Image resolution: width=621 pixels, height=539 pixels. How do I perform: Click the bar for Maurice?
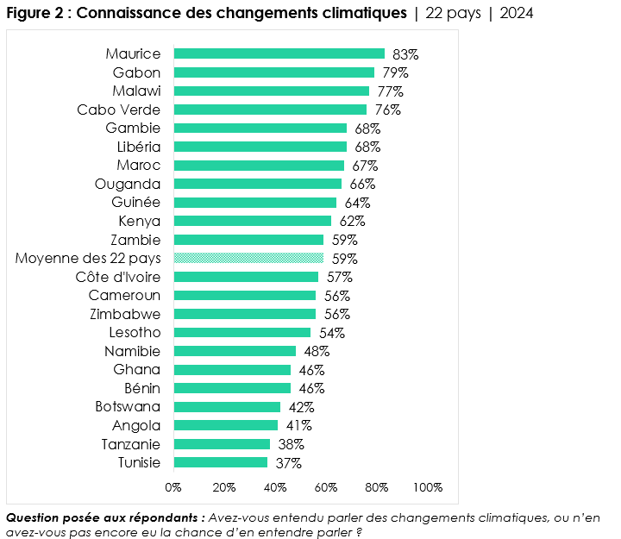pyautogui.click(x=279, y=53)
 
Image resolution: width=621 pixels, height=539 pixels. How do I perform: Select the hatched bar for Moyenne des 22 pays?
pyautogui.click(x=248, y=258)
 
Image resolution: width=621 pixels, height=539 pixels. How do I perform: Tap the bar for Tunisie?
pyautogui.click(x=221, y=462)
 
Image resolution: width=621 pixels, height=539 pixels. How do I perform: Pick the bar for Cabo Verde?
pyautogui.click(x=270, y=110)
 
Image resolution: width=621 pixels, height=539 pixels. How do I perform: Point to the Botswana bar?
pyautogui.click(x=227, y=407)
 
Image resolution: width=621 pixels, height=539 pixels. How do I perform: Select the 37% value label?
pyautogui.click(x=288, y=463)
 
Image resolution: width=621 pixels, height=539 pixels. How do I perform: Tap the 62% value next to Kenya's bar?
pyautogui.click(x=352, y=221)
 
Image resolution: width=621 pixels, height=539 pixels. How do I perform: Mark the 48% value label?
pyautogui.click(x=317, y=351)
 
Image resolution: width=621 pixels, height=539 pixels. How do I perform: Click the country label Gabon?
pyautogui.click(x=136, y=72)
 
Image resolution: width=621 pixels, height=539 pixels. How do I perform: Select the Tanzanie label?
pyautogui.click(x=130, y=444)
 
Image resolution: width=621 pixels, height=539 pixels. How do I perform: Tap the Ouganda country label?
pyautogui.click(x=128, y=184)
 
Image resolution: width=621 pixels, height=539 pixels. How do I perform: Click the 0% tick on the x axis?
pyautogui.click(x=173, y=487)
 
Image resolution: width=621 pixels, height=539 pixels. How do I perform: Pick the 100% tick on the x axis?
pyautogui.click(x=428, y=487)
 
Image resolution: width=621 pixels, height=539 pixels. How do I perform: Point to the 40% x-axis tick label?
pyautogui.click(x=275, y=487)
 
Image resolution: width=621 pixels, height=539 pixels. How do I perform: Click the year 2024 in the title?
pyautogui.click(x=517, y=14)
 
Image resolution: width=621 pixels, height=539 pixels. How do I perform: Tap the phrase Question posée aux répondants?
pyautogui.click(x=104, y=517)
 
